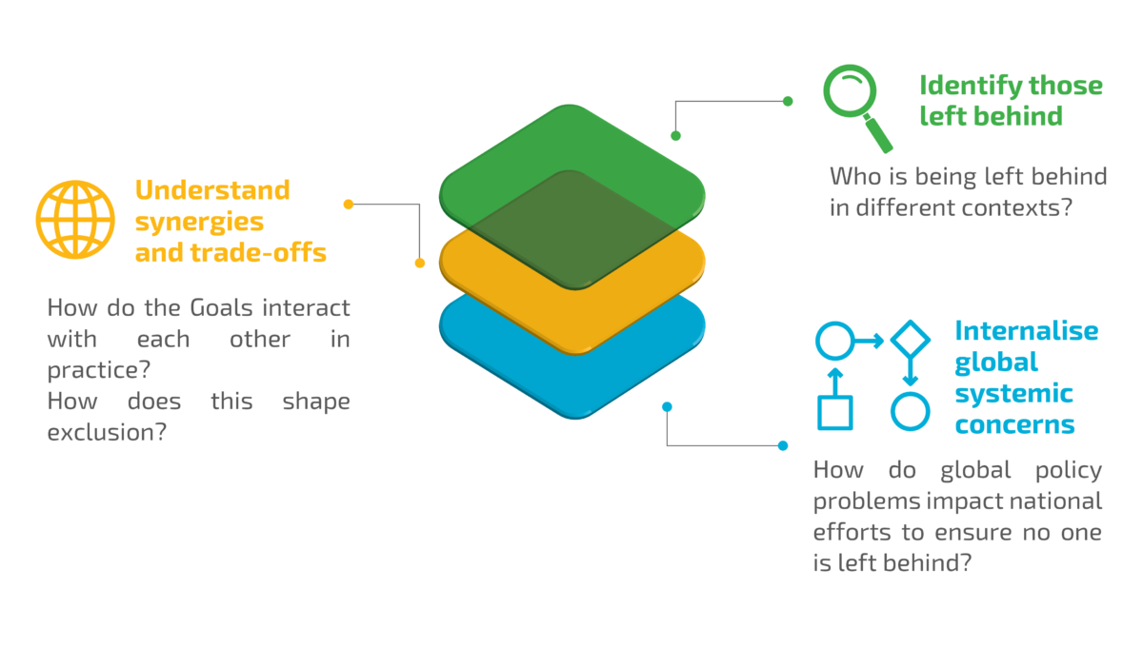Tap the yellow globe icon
[x=75, y=219]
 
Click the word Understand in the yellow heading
[x=211, y=190]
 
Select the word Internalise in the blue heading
[x=1027, y=331]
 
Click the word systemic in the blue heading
[x=1013, y=394]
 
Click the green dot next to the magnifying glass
[x=788, y=101]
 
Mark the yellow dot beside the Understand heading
[x=349, y=204]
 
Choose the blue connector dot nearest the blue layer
[x=667, y=406]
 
